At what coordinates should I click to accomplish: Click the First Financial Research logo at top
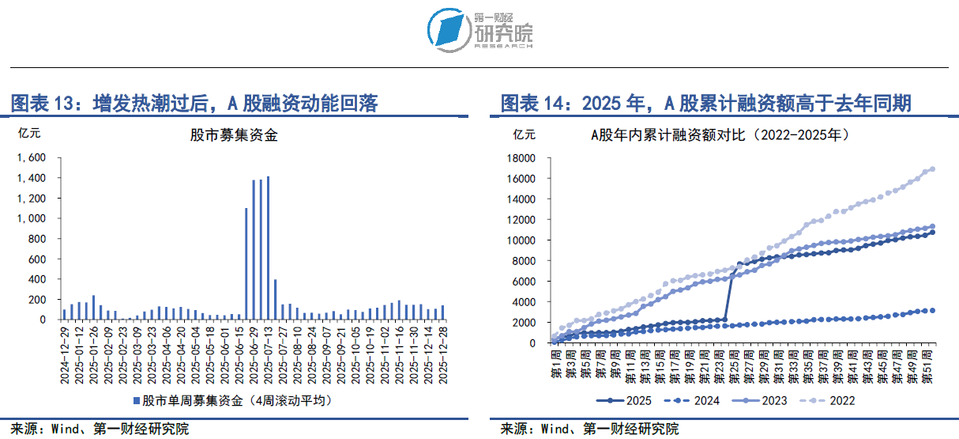pyautogui.click(x=480, y=30)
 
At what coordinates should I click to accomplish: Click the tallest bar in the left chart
pyautogui.click(x=268, y=248)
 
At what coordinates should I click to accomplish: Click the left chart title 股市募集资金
pyautogui.click(x=234, y=135)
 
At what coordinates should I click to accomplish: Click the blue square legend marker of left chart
pyautogui.click(x=137, y=400)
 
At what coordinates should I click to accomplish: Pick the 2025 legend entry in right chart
pyautogui.click(x=625, y=400)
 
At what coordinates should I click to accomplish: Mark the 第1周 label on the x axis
pyautogui.click(x=553, y=364)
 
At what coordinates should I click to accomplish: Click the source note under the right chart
pyautogui.click(x=589, y=430)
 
